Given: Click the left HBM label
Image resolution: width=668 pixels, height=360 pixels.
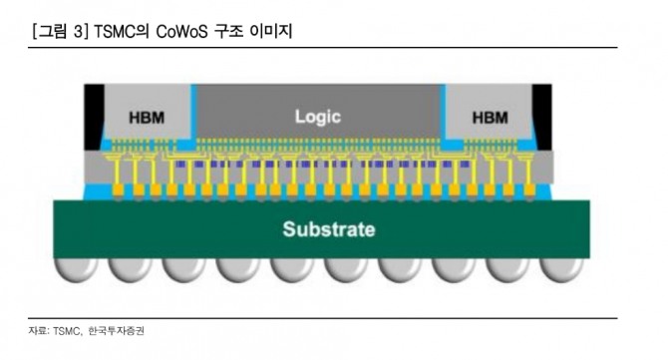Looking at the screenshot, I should (x=147, y=118).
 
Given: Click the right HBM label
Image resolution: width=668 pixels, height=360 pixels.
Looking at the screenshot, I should (x=490, y=118).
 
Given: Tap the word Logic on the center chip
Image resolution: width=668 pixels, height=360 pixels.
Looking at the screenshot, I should (x=318, y=116).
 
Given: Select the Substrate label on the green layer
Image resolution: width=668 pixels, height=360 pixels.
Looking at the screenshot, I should (x=329, y=229).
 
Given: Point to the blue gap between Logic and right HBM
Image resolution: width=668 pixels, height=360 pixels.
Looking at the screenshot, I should (x=442, y=146).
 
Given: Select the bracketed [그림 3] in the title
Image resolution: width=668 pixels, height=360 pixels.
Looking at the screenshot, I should (x=60, y=33).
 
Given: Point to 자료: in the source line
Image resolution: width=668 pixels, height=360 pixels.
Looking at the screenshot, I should (x=39, y=329).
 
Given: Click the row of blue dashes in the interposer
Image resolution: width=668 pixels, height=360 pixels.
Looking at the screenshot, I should (x=318, y=163).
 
